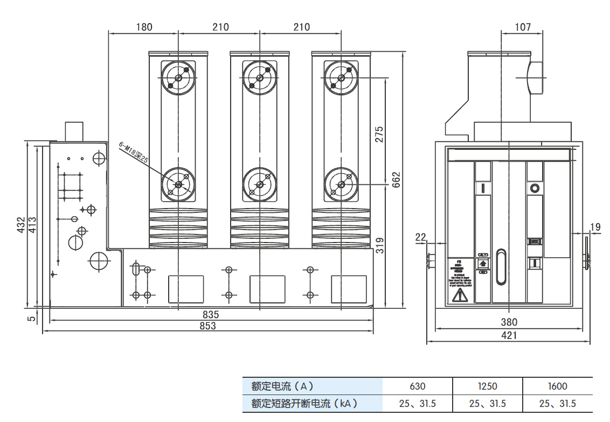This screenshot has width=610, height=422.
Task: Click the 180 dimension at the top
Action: (x=144, y=26)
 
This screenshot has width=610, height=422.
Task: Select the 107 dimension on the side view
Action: (x=522, y=26)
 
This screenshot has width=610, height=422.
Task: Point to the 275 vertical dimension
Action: (x=379, y=134)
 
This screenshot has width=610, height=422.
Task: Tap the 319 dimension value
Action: (x=379, y=246)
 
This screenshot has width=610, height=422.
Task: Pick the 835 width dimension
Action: (x=211, y=314)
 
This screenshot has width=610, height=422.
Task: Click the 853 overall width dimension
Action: (x=207, y=326)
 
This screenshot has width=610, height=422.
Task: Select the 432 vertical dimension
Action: (x=20, y=225)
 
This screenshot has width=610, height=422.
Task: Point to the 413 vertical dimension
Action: (x=32, y=225)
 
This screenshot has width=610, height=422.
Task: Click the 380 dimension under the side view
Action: (x=509, y=322)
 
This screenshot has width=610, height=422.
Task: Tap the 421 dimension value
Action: (x=509, y=335)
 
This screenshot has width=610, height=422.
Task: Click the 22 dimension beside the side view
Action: (x=421, y=236)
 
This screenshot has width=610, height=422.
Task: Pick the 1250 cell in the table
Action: (x=487, y=386)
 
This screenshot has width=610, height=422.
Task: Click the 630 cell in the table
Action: (x=417, y=386)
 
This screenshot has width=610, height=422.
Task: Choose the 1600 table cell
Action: (x=557, y=386)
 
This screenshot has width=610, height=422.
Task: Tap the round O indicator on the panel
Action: (x=535, y=188)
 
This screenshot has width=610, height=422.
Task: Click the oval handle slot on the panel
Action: (x=501, y=266)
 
